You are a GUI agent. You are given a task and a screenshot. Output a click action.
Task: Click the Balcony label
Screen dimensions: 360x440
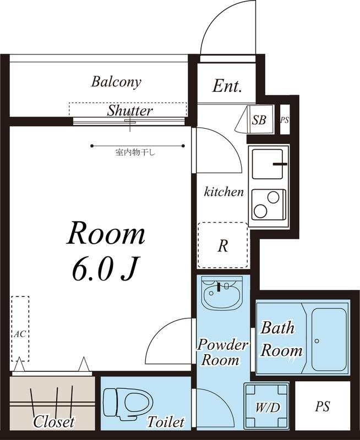tap(116, 82)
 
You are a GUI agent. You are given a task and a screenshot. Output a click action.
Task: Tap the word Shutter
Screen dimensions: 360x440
tap(130, 111)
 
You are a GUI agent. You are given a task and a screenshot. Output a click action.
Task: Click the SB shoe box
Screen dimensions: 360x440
tap(259, 120)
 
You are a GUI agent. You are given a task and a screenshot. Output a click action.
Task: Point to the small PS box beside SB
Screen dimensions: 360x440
tap(285, 120)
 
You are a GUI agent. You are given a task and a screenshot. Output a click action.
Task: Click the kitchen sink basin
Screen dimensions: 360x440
tap(268, 164)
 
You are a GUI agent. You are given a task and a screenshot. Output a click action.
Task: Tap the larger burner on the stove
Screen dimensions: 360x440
tap(260, 211)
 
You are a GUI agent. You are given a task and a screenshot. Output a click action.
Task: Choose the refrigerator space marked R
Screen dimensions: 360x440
tap(223, 245)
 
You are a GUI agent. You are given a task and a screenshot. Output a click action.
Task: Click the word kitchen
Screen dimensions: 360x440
tap(223, 192)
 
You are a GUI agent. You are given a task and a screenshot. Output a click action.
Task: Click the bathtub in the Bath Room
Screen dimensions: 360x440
tap(329, 339)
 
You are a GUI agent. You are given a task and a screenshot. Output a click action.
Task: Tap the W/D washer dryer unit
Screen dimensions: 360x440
tap(266, 406)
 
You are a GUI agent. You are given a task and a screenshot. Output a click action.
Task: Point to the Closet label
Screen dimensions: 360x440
tap(54, 421)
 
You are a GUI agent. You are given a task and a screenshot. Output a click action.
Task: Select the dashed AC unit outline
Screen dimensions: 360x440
tap(20, 328)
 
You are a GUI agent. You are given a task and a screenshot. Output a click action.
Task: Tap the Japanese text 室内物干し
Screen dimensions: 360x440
tap(135, 153)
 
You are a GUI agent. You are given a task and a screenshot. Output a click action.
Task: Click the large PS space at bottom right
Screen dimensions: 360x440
tap(323, 406)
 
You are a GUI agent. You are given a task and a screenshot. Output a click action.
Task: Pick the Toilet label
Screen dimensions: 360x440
tap(166, 421)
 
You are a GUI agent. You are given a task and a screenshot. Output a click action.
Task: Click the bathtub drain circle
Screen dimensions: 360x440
tap(317, 341)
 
